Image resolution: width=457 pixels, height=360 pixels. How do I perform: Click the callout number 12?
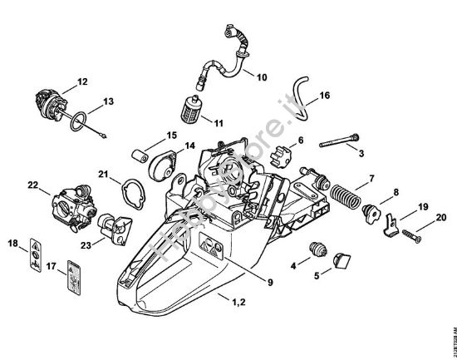81,81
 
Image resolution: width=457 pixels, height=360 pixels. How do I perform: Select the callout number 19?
423,206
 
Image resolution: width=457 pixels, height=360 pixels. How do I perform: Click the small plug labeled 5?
340,262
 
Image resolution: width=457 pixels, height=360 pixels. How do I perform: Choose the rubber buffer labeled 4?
315,250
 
